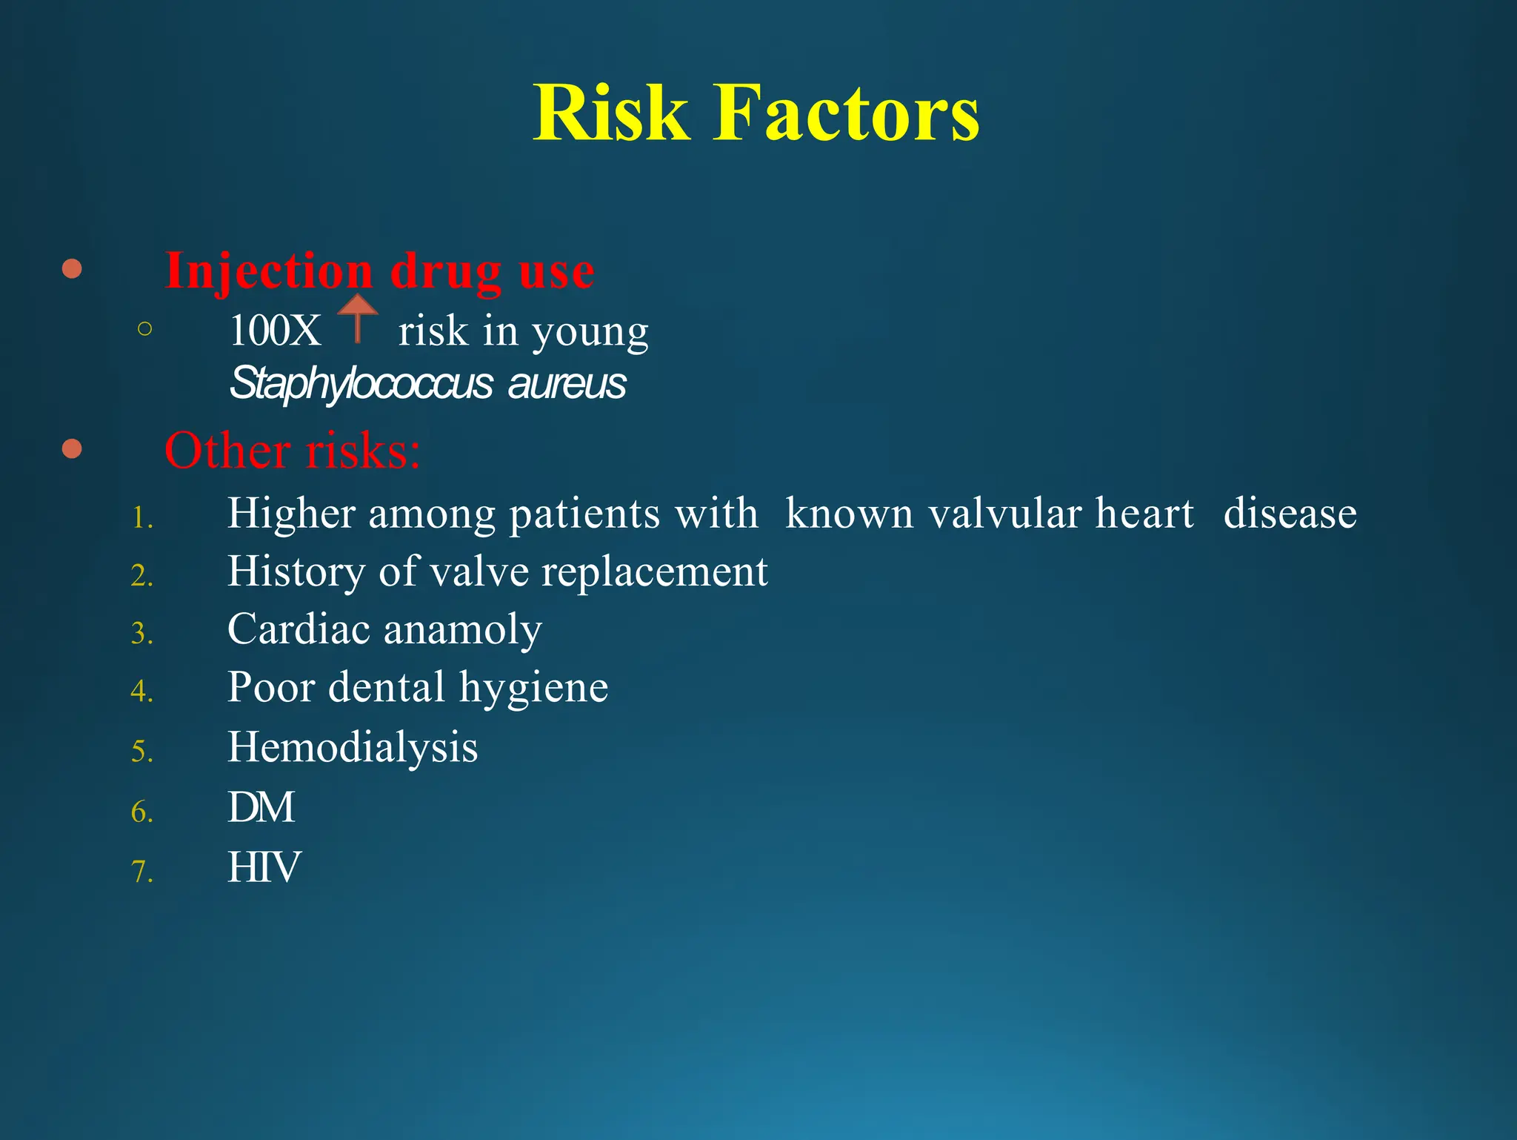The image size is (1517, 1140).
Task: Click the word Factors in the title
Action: tap(846, 113)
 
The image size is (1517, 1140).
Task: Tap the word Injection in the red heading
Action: tap(268, 271)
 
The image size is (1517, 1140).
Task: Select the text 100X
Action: tap(275, 331)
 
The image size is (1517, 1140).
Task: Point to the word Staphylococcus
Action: tap(361, 384)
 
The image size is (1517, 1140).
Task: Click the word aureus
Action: tap(567, 384)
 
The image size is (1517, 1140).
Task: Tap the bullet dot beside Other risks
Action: tap(72, 449)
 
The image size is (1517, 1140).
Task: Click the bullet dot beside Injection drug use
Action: tap(72, 268)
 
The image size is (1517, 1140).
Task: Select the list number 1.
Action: tap(141, 517)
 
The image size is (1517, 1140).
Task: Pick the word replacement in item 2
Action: tap(655, 571)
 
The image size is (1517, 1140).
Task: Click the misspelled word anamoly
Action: tap(463, 630)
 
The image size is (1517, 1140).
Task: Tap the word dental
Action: tap(387, 687)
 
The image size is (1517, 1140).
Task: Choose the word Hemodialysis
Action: tap(353, 747)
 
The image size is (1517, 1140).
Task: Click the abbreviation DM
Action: tap(261, 807)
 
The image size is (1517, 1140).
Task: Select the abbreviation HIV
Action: tap(264, 867)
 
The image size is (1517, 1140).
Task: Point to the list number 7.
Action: tap(141, 872)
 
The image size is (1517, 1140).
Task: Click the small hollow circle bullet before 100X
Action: tap(145, 328)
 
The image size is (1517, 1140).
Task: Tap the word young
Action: tap(590, 332)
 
